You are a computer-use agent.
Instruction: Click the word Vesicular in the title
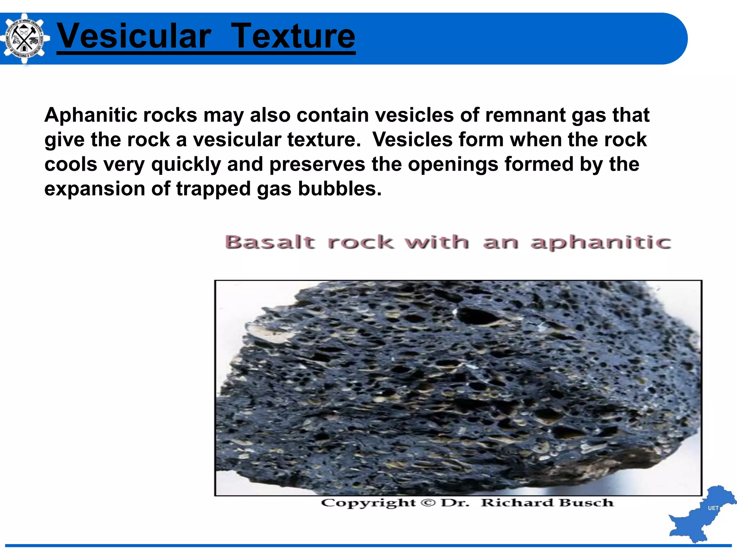pos(134,36)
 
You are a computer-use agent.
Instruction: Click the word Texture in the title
pos(293,36)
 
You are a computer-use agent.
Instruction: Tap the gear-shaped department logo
pos(24,38)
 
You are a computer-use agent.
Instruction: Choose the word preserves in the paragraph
pos(317,165)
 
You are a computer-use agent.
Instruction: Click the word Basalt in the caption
pos(270,242)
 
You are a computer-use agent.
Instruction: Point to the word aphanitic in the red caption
pos(601,243)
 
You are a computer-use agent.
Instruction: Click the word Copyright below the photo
pos(368,503)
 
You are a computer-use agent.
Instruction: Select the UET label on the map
pos(713,508)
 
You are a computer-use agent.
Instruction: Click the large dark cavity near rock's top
pos(477,316)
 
